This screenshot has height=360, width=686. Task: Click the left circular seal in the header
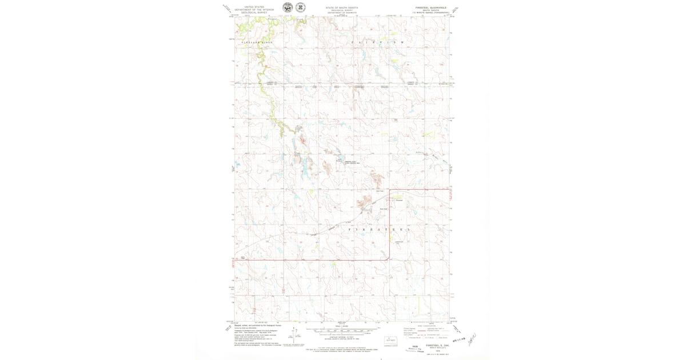coord(287,7)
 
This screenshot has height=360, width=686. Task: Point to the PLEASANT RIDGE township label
coord(256,43)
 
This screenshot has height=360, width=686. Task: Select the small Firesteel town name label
coord(399,200)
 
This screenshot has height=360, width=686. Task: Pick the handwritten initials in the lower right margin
coord(472,340)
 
